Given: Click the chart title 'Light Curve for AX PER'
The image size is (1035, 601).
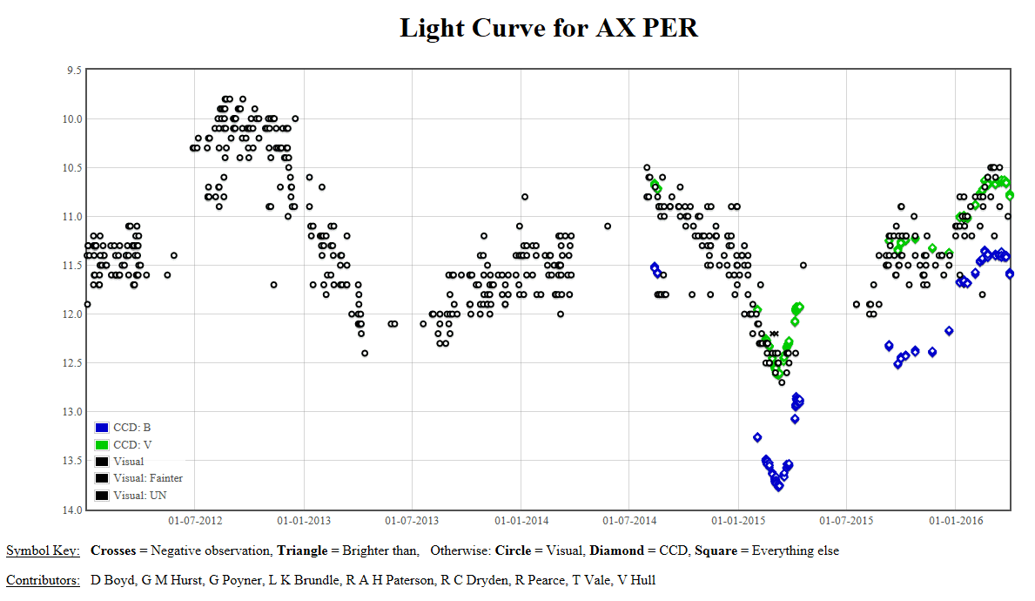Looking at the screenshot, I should (548, 27).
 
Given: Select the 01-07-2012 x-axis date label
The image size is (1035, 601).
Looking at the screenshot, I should (194, 521).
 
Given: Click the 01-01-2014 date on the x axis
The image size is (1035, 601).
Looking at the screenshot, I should (521, 521).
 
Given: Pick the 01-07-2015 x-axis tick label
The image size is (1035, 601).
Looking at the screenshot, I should (847, 521).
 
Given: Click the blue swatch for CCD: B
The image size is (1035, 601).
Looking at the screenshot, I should (102, 428).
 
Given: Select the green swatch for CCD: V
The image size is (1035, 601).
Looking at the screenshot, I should (102, 445).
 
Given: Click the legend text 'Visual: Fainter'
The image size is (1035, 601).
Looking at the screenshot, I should (147, 478).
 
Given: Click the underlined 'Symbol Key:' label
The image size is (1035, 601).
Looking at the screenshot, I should (43, 550).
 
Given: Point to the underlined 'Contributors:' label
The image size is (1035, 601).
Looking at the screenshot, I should (43, 579).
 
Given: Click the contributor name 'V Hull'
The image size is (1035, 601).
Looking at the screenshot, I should (636, 579).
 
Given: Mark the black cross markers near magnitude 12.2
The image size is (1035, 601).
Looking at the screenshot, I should (774, 333).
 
